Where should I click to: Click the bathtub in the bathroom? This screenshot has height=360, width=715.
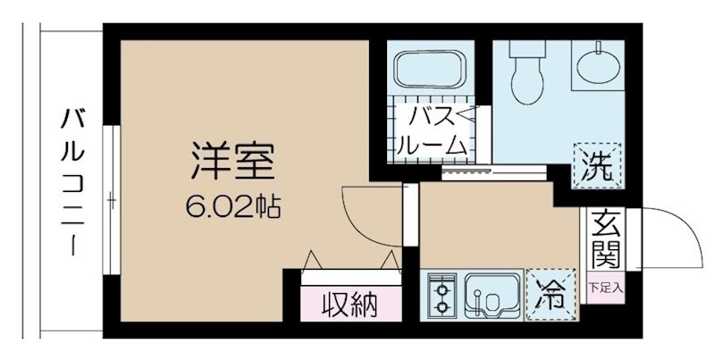[427, 71]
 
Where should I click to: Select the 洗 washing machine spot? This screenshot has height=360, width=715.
[594, 164]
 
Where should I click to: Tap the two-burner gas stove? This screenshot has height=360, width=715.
[440, 296]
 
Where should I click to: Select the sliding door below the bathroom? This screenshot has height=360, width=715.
[465, 169]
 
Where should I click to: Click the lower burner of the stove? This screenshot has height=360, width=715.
[440, 307]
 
